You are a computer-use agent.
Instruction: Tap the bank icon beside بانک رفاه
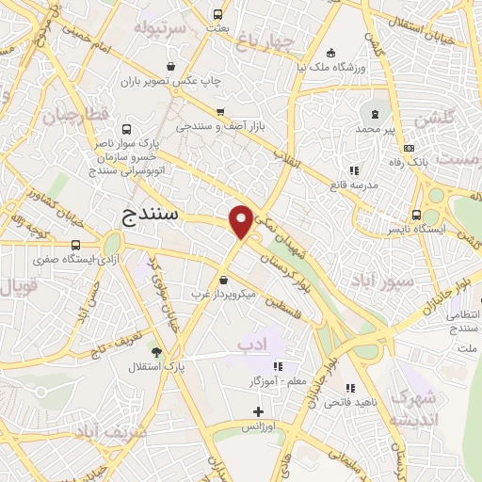coord(409,148)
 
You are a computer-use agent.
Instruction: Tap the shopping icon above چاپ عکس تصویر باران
coord(171,66)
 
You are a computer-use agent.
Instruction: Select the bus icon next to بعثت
coord(218,14)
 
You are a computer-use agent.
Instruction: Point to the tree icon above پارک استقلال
coord(155,351)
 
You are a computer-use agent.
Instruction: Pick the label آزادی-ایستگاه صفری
coord(64,258)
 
